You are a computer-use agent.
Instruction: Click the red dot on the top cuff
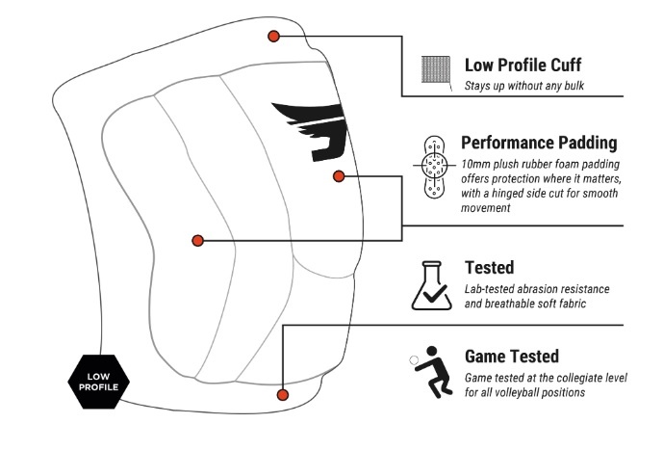click(273, 36)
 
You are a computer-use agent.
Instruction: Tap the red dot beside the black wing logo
click(338, 175)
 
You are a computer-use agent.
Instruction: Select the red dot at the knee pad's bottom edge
click(283, 394)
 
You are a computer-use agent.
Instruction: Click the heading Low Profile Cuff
click(523, 66)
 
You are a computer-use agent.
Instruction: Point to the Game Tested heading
click(511, 356)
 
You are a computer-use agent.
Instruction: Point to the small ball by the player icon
click(414, 360)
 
